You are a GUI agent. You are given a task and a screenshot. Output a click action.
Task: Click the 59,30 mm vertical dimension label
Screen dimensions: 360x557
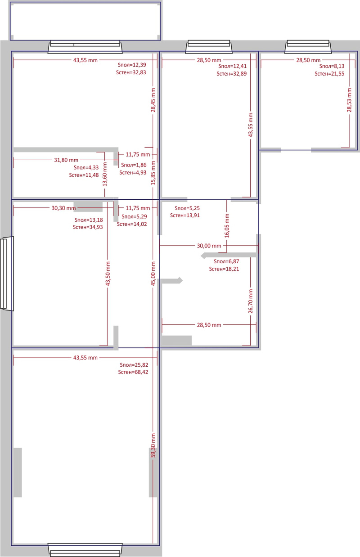(153, 445)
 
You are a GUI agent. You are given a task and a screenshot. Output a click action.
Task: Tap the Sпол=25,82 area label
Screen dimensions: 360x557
(134, 365)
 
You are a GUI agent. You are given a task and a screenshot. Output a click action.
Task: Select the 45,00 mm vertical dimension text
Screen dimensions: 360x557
(153, 274)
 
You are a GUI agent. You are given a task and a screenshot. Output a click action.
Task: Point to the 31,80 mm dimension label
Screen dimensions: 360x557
(66, 160)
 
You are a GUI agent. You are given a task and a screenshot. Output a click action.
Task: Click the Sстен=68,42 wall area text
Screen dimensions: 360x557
(133, 372)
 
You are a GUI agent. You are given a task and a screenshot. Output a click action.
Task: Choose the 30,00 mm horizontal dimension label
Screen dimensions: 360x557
(209, 246)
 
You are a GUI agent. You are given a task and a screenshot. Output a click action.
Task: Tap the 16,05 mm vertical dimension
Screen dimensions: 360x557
(227, 225)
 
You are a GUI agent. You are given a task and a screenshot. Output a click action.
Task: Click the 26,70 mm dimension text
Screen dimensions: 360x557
(251, 301)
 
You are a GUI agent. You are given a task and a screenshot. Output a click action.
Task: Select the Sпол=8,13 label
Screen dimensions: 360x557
(332, 66)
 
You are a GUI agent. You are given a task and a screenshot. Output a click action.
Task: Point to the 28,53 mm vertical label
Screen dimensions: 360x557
(349, 100)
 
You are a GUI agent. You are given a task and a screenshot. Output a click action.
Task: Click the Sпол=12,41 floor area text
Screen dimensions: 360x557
(232, 66)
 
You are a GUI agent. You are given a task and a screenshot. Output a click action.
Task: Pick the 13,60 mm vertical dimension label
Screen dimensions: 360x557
(105, 174)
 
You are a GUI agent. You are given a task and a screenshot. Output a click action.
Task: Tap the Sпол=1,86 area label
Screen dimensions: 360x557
(134, 165)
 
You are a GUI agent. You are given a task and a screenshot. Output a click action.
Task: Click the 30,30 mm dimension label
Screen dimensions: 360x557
(64, 208)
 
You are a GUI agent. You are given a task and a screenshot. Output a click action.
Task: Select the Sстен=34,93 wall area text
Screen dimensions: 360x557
(88, 227)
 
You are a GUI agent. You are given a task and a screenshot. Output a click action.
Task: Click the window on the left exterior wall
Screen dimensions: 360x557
(7, 274)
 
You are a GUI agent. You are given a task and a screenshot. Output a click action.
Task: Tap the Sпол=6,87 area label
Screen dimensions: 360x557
(226, 261)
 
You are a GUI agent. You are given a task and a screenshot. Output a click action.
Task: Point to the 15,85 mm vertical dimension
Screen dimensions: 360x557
(153, 173)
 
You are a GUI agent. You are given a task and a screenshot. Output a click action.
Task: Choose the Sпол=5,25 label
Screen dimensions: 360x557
(187, 208)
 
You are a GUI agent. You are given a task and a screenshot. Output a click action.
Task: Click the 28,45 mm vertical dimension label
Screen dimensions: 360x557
(153, 100)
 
